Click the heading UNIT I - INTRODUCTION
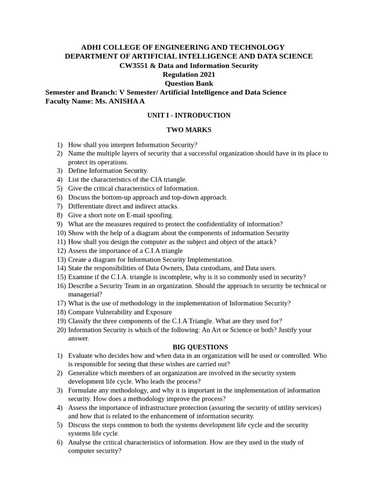[189, 115]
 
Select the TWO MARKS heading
[189, 130]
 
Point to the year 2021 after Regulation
[205, 74]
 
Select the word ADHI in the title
[91, 47]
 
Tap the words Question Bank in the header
[189, 83]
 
